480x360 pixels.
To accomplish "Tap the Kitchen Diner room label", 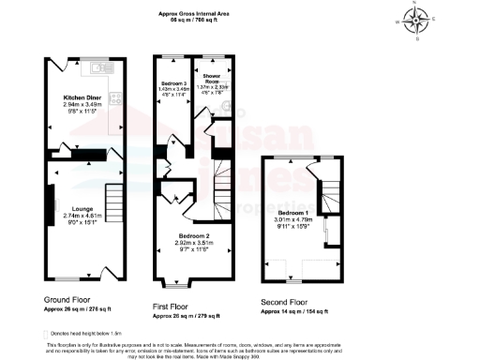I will click(82, 97).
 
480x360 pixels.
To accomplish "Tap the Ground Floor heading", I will click(72, 299).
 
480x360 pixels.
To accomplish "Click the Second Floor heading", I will click(285, 302).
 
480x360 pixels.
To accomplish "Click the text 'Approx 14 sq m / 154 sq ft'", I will click(294, 311).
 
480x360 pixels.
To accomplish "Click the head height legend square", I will click(45, 333).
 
